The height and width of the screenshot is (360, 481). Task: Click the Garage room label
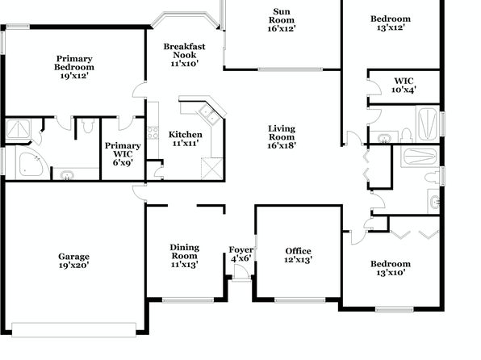pos(74,261)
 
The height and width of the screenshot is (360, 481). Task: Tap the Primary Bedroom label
pos(74,67)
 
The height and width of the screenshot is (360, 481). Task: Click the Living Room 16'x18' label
pos(282,137)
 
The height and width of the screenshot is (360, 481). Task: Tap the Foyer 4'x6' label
pos(241,253)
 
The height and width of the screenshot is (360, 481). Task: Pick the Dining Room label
pos(185,251)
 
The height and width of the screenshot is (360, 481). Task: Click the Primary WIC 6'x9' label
pos(123,154)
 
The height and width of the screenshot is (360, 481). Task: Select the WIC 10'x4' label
pos(404,86)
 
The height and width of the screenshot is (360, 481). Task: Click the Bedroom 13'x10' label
pos(391,268)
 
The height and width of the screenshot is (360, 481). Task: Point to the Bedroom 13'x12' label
pos(391,23)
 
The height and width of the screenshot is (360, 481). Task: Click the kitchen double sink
pos(208,113)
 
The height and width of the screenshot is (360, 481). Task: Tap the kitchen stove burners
pos(153,132)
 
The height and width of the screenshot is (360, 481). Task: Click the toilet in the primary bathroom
pos(88,126)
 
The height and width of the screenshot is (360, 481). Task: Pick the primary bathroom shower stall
pos(19,129)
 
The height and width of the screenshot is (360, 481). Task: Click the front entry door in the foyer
pos(240,271)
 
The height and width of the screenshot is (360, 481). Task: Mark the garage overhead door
pos(73,329)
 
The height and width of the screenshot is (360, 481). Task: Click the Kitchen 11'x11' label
pos(186,139)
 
